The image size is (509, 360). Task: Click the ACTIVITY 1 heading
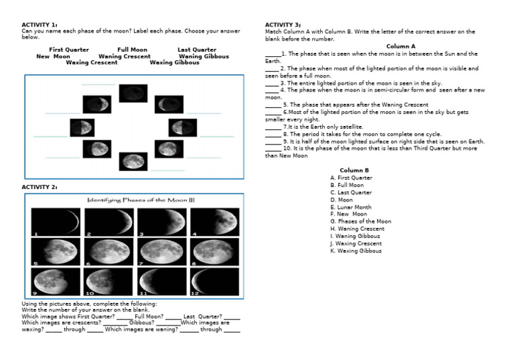[39, 25]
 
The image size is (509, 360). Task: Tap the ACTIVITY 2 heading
[39, 188]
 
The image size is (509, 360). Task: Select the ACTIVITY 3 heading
[283, 25]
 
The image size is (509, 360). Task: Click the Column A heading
[400, 46]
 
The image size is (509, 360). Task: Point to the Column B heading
[354, 170]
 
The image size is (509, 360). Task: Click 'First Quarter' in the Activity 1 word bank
[69, 50]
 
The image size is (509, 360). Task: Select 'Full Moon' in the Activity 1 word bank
[132, 50]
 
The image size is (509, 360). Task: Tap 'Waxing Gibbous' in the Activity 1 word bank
[174, 63]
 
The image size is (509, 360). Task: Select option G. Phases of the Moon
[361, 221]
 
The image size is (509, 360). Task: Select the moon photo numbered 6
[109, 251]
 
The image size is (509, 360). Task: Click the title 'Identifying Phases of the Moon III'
[141, 200]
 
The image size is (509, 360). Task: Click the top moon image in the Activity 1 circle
[133, 93]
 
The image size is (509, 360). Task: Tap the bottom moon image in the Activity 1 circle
[133, 160]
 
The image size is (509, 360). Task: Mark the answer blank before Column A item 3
[271, 84]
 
